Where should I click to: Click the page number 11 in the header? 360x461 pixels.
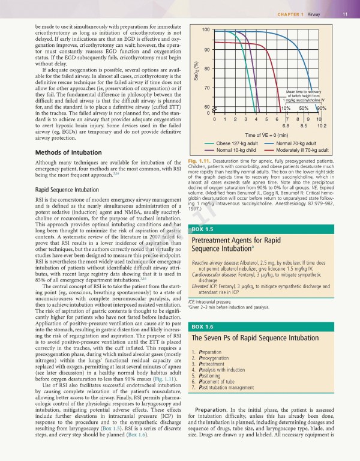pyautogui.click(x=345, y=14)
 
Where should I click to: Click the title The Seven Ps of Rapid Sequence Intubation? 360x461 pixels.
pyautogui.click(x=254, y=321)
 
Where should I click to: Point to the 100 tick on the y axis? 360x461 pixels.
pyautogui.click(x=206, y=29)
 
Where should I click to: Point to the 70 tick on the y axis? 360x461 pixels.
pyautogui.click(x=206, y=88)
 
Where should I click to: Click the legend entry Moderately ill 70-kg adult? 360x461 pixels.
pyautogui.click(x=298, y=150)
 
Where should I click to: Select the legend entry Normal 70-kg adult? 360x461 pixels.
pyautogui.click(x=294, y=143)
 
